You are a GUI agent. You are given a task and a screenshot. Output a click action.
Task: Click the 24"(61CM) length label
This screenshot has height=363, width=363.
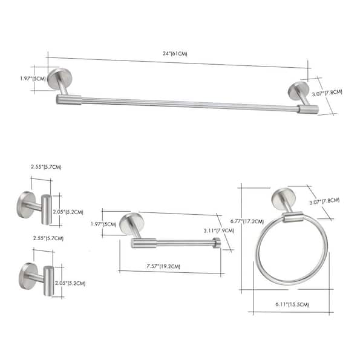pos(175,54)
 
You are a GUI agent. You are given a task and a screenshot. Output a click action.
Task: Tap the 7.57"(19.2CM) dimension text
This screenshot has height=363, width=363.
pos(163,266)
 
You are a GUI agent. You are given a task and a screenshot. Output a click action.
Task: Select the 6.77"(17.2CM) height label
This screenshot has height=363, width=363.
pos(247,221)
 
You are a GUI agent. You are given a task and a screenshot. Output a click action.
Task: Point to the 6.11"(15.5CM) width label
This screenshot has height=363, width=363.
pos(292,304)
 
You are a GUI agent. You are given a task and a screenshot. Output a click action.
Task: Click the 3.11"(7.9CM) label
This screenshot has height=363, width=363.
pos(219,231)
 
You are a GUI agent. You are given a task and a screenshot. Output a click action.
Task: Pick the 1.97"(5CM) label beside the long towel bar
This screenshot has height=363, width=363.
pos(33,79)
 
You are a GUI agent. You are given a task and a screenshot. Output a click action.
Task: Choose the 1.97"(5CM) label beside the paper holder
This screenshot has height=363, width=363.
pos(103,224)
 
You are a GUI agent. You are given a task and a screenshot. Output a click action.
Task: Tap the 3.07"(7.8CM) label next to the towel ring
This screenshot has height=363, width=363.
pos(324,201)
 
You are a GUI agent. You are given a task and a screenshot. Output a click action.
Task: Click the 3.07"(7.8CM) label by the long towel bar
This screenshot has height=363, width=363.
pos(327,93)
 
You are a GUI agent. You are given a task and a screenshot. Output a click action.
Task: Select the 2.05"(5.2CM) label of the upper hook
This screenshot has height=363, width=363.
pos(68,212)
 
